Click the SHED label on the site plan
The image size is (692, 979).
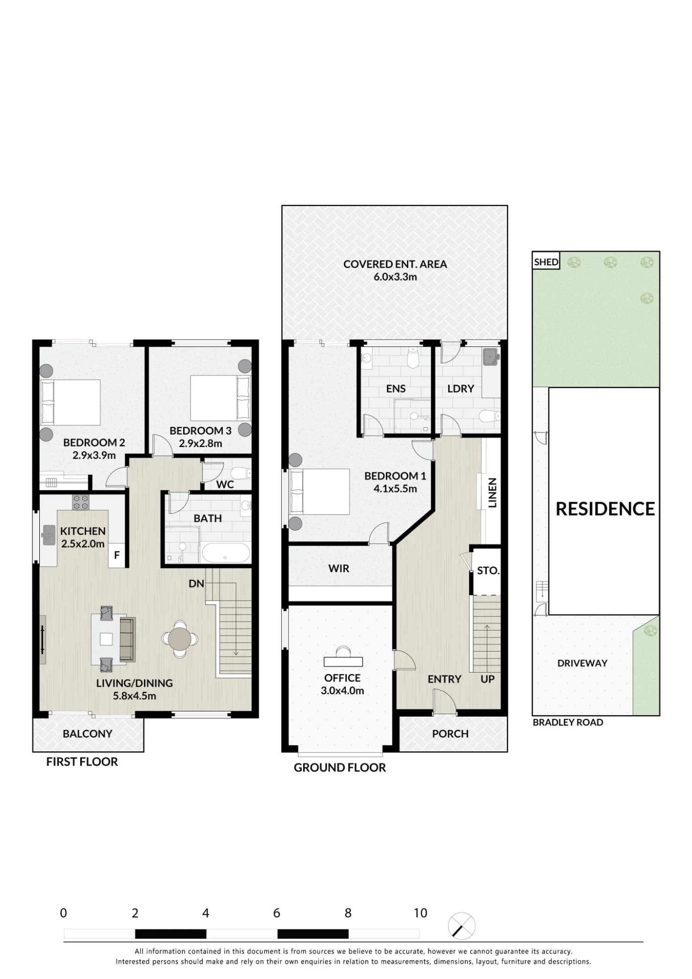pyautogui.click(x=546, y=262)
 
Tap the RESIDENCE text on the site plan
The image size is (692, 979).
pyautogui.click(x=605, y=509)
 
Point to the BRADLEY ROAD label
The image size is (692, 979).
pyautogui.click(x=568, y=723)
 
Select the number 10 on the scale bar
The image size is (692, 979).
pyautogui.click(x=420, y=913)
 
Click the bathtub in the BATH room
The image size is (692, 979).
pyautogui.click(x=226, y=553)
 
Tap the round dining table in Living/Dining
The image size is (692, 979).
pyautogui.click(x=180, y=638)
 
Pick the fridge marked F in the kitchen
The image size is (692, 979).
pyautogui.click(x=117, y=555)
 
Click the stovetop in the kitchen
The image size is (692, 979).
pyautogui.click(x=81, y=502)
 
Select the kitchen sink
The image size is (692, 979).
pyautogui.click(x=49, y=535)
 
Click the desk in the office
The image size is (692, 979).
pyautogui.click(x=343, y=662)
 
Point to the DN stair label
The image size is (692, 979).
pyautogui.click(x=196, y=583)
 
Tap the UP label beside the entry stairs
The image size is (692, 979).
pyautogui.click(x=487, y=679)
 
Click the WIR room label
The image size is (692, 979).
pyautogui.click(x=339, y=568)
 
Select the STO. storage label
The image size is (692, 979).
pyautogui.click(x=488, y=570)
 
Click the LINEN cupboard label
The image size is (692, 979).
pyautogui.click(x=493, y=492)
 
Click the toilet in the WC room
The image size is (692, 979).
pyautogui.click(x=240, y=473)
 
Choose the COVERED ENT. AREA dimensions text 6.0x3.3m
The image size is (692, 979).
pyautogui.click(x=395, y=277)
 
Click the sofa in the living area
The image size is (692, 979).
pyautogui.click(x=127, y=640)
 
